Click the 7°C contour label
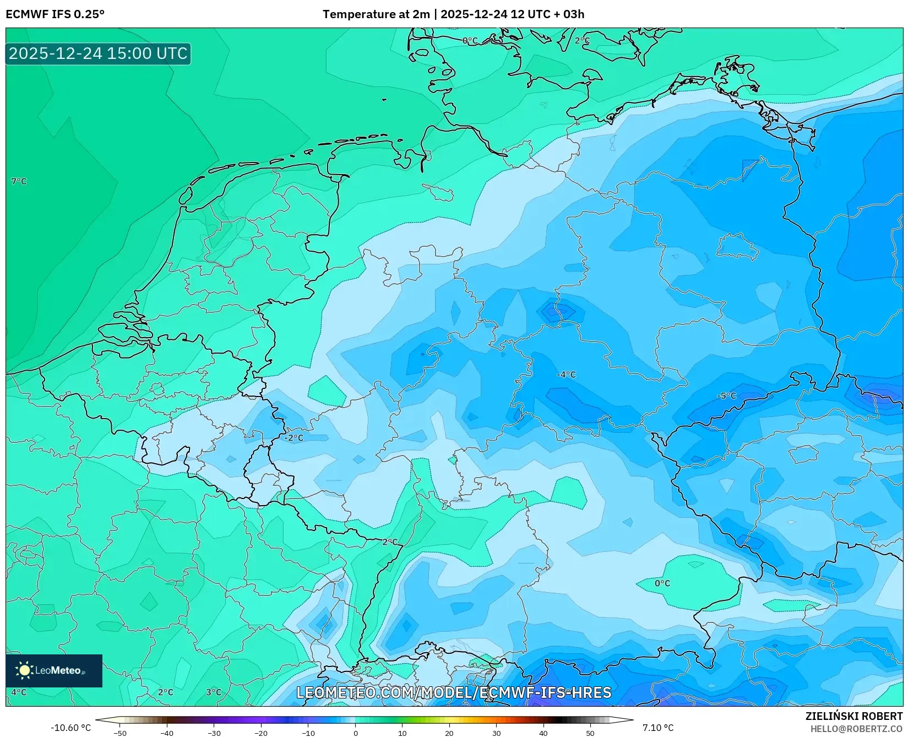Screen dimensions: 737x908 [x=19, y=181]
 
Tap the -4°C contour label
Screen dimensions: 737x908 [x=566, y=375]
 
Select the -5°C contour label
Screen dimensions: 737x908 [x=726, y=396]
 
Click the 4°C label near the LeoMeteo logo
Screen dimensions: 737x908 [x=19, y=692]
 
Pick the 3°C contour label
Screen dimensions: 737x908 [x=214, y=692]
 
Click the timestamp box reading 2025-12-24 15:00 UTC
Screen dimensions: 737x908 [x=98, y=53]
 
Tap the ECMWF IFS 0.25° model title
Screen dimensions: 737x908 [x=55, y=14]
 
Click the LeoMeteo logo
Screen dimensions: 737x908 [x=54, y=670]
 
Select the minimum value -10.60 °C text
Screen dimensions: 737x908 [x=70, y=728]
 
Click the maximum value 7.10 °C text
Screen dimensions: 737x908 [x=658, y=728]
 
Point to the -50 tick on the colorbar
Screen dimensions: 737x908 [x=120, y=733]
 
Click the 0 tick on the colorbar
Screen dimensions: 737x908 [x=355, y=733]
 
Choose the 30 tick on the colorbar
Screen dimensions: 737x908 [x=496, y=733]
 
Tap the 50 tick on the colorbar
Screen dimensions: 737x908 [x=590, y=733]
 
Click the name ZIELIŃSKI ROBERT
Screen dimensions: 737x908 [x=854, y=716]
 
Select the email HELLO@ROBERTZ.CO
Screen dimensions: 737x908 [x=856, y=729]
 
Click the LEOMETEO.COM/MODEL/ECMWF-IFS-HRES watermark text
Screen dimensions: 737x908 [x=454, y=692]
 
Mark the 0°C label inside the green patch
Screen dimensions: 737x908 [x=662, y=583]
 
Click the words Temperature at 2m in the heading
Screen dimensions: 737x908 [x=376, y=14]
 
